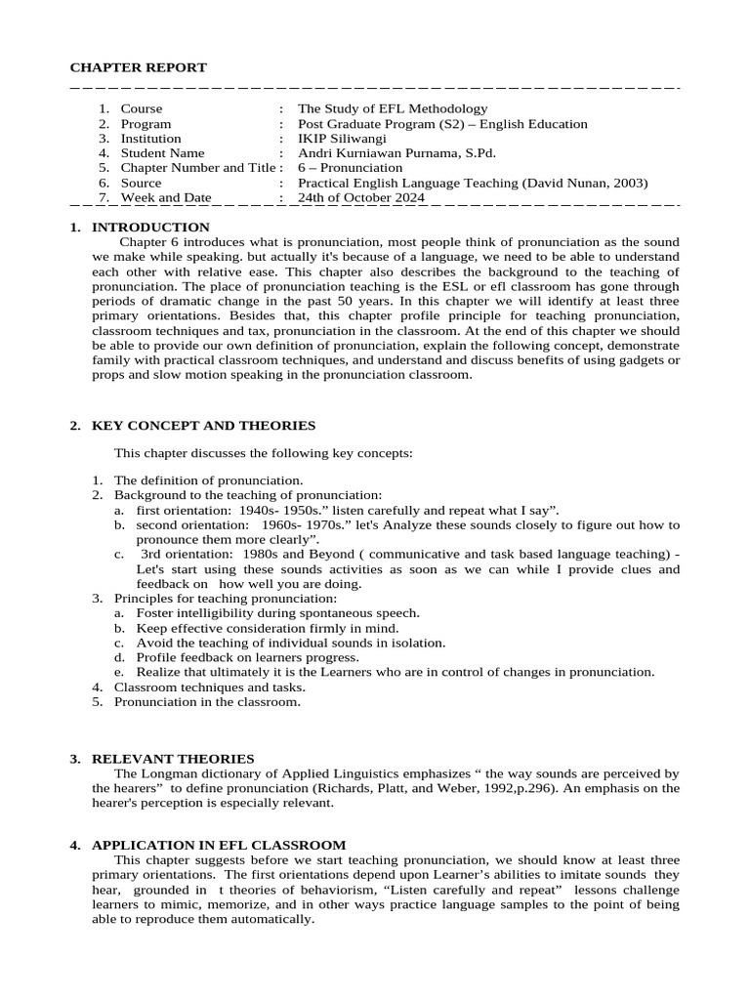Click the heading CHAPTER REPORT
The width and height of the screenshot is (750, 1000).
click(138, 67)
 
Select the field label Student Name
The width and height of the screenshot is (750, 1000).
click(162, 153)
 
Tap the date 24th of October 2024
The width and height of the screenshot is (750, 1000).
click(361, 197)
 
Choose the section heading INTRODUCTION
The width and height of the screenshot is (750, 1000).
click(144, 228)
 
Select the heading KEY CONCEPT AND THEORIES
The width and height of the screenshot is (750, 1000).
click(203, 426)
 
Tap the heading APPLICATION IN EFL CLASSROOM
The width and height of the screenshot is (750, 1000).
click(218, 845)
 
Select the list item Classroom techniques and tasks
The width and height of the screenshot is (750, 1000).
click(207, 687)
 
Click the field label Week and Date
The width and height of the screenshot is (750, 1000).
click(165, 197)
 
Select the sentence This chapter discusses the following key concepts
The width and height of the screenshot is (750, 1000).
click(264, 453)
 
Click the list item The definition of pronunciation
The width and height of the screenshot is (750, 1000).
click(209, 480)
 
